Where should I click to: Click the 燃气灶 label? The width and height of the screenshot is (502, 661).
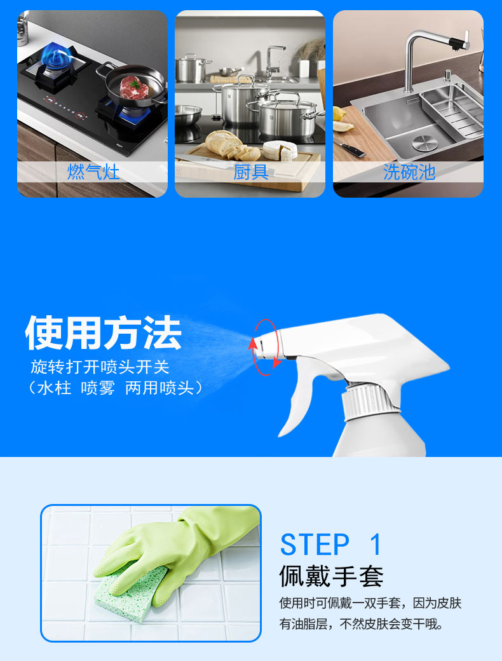pos(93,172)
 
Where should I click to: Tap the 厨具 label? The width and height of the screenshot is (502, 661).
pos(251,172)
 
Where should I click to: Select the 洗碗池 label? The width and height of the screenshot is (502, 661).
pos(409,172)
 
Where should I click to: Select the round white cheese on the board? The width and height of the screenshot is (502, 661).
pos(280,151)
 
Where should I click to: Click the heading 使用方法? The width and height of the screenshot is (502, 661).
pos(104,332)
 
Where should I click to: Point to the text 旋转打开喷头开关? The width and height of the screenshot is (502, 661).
pos(100,367)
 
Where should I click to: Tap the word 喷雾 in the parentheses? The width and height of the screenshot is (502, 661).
pos(98,388)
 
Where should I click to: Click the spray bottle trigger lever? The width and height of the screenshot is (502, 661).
pos(297,400)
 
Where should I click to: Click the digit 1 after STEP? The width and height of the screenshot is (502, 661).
pos(376,545)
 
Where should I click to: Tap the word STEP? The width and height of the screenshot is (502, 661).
pos(315,545)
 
